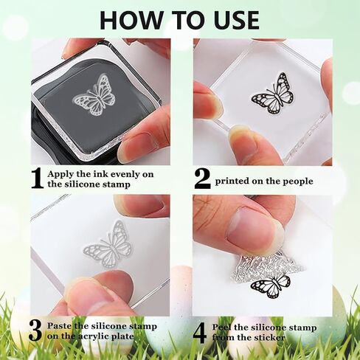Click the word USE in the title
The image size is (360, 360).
pyautogui.click(x=235, y=19)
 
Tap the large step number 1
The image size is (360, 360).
pyautogui.click(x=38, y=179)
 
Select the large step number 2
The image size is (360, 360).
pyautogui.click(x=202, y=179)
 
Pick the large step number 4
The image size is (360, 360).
pyautogui.click(x=200, y=333)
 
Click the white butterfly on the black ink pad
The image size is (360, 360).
pyautogui.click(x=94, y=95)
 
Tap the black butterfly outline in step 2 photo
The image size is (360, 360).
pyautogui.click(x=273, y=94)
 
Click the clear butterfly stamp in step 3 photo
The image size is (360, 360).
pyautogui.click(x=108, y=244)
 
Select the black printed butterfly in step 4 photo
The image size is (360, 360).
pyautogui.click(x=271, y=286)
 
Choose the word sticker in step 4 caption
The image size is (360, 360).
pyautogui.click(x=271, y=337)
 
